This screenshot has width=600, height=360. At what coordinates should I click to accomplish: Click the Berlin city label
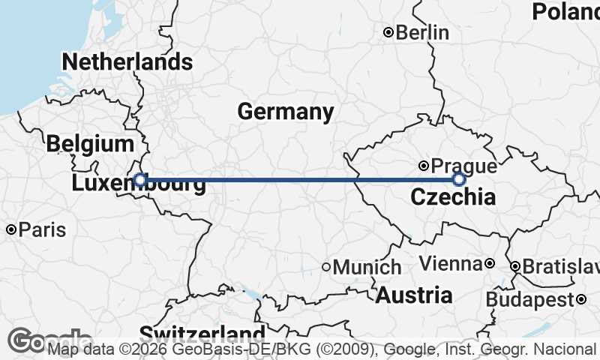[422, 33]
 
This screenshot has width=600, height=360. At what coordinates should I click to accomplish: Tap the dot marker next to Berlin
[388, 32]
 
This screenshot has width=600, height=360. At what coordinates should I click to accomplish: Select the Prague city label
[464, 166]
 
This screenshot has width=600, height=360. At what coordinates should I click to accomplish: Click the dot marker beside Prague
[424, 166]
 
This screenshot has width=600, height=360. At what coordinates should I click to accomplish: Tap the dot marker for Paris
[11, 229]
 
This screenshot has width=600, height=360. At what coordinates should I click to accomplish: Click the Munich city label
[367, 267]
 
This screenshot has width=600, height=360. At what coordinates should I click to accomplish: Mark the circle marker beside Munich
[326, 267]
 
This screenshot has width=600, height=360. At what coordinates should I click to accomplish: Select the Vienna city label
[450, 264]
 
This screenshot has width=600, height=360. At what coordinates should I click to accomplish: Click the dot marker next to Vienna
[489, 264]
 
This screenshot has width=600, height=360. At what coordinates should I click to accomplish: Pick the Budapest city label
[529, 300]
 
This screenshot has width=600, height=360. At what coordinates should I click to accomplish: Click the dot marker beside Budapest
[581, 300]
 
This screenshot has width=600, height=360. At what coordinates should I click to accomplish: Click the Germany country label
[286, 112]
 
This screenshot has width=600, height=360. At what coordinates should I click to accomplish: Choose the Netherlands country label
[127, 61]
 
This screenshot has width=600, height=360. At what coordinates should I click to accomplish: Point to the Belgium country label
[90, 144]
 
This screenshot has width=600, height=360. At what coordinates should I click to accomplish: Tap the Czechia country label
[453, 198]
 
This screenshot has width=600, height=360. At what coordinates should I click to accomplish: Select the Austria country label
[414, 295]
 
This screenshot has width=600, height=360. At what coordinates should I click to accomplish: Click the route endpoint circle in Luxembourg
[140, 179]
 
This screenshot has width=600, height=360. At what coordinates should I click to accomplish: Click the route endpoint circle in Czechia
[459, 179]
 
